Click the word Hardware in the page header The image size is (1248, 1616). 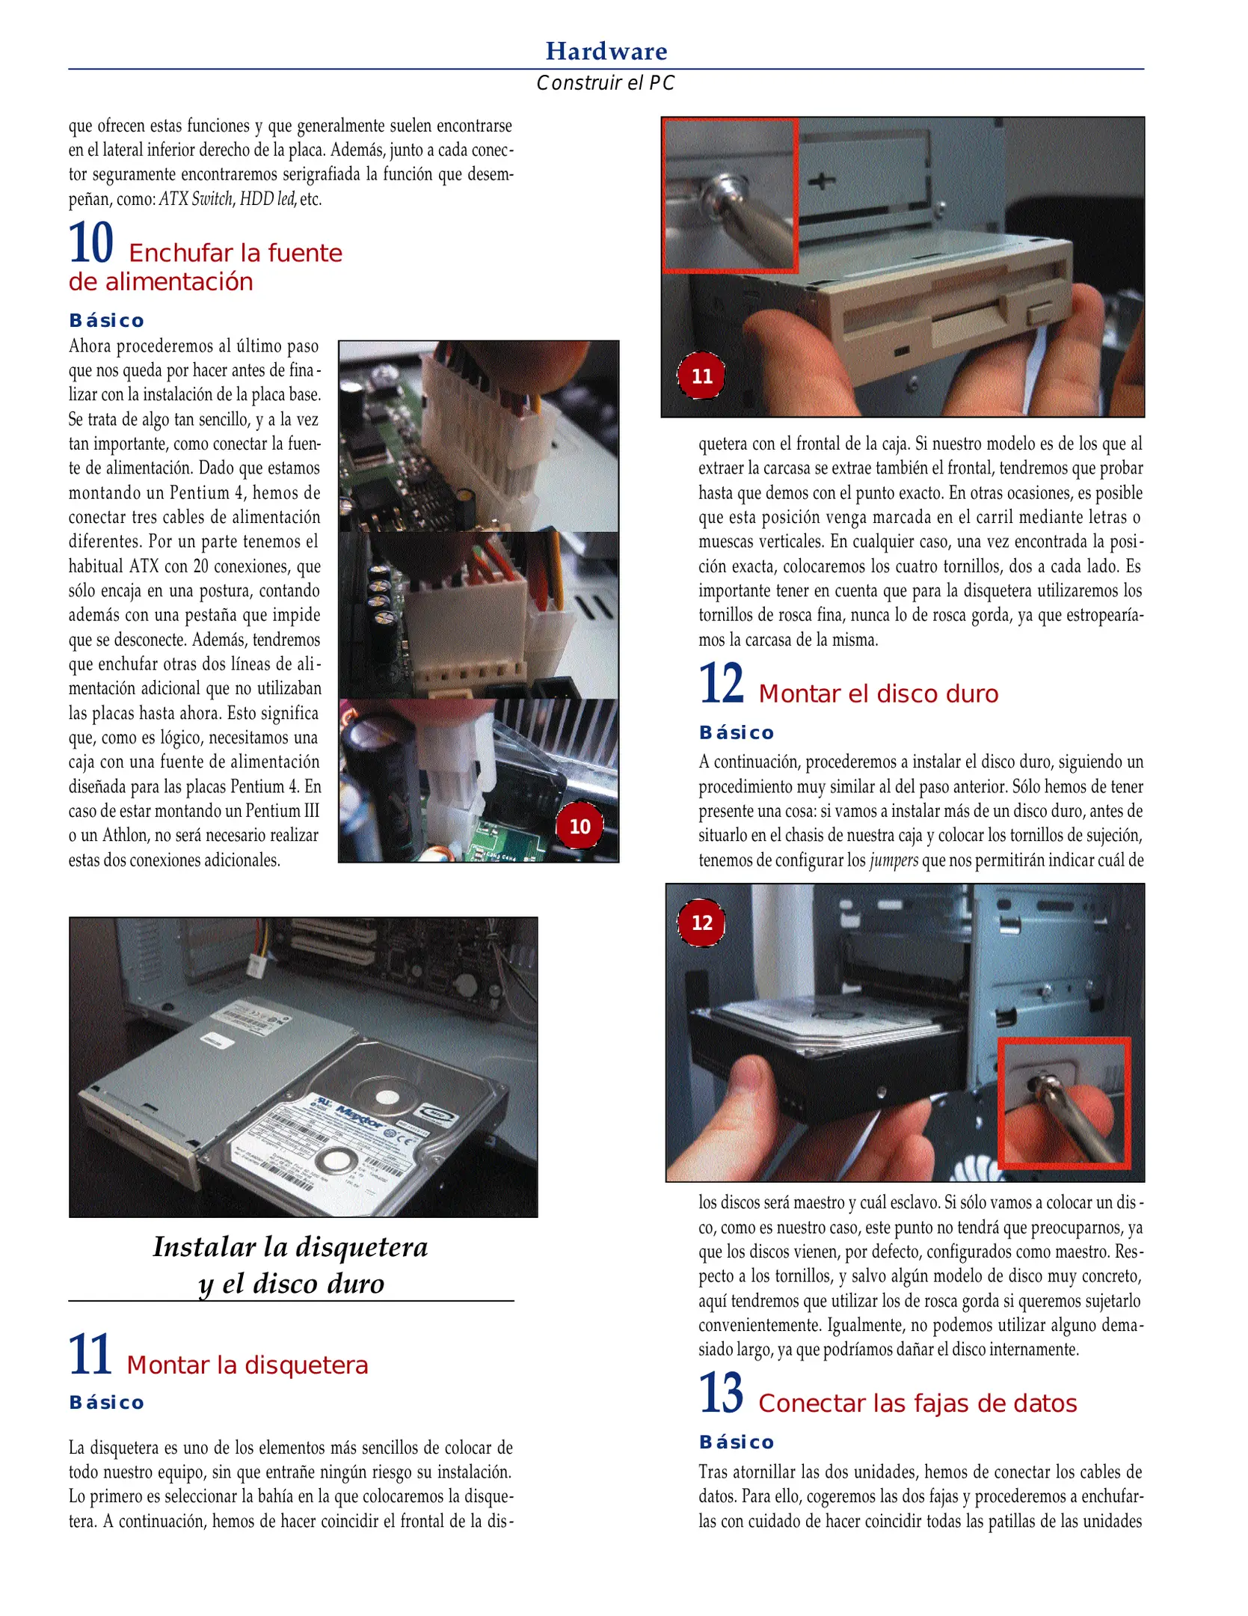606,51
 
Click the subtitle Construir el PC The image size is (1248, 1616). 606,83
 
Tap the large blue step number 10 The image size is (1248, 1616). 90,243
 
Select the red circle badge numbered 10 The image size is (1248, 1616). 580,826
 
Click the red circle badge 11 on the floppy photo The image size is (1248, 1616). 701,376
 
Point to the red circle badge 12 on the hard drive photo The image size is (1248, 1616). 701,922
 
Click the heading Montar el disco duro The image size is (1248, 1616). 878,694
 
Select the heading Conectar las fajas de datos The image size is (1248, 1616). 917,1404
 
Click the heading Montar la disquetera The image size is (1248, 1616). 248,1365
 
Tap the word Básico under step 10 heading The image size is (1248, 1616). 106,321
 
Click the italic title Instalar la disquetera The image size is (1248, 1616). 290,1247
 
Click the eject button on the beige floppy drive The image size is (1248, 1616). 1042,313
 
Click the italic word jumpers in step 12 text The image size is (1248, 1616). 893,860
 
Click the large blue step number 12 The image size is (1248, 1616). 721,684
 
